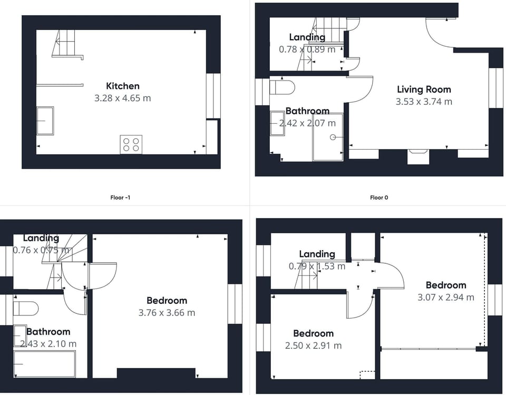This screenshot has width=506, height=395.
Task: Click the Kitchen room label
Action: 123,86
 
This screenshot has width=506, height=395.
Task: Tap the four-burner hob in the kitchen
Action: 131,144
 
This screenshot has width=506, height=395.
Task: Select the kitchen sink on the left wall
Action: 45,121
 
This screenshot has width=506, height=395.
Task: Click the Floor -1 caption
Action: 120,197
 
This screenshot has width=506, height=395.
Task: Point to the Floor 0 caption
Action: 379,197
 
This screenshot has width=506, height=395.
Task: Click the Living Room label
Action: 424,90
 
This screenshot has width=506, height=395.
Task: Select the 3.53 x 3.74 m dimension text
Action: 424,102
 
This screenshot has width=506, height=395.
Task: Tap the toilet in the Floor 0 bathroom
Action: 282,87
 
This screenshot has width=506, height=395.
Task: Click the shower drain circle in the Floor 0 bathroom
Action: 333,137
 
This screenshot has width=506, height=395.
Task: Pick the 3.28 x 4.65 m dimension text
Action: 123,98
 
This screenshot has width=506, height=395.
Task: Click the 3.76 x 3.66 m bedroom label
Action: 167,301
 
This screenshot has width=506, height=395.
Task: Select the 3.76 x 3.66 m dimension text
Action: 167,313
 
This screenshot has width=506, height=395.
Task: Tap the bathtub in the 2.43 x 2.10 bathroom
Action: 44,364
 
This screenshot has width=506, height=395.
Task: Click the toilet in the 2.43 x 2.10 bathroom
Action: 26,309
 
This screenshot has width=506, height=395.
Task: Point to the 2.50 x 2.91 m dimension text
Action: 313,345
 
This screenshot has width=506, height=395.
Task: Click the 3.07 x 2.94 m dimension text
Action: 446,297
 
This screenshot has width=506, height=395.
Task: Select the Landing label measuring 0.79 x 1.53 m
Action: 317,254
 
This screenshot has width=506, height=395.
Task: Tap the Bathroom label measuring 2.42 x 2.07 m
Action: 307,111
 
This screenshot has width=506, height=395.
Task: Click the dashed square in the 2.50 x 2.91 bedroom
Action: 367,375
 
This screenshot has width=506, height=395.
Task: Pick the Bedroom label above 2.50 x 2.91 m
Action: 313,333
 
